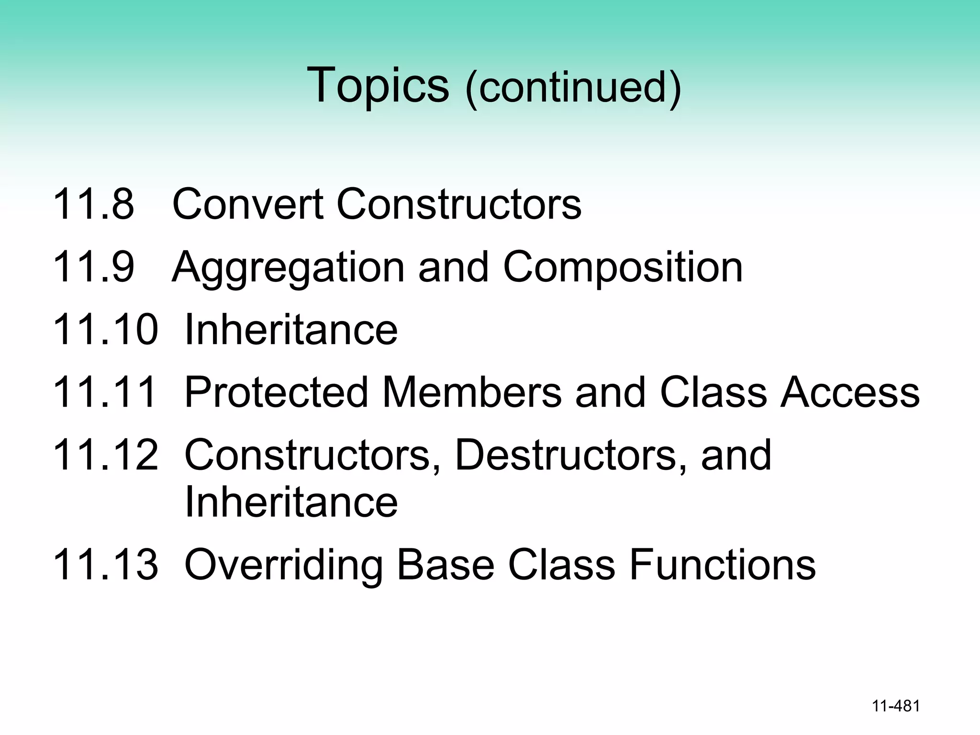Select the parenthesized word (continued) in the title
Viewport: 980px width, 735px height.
[x=573, y=88]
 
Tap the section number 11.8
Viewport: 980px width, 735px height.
[x=93, y=204]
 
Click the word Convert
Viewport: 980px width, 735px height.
[x=247, y=204]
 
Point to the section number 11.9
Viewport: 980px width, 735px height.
[x=93, y=267]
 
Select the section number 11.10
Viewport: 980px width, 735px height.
[x=105, y=329]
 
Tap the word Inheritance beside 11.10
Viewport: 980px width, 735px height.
[x=291, y=329]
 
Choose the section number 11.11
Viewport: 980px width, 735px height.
[x=105, y=392]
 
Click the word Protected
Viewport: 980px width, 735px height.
[x=277, y=392]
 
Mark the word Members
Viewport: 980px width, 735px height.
[x=472, y=392]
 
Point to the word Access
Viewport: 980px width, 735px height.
[x=850, y=392]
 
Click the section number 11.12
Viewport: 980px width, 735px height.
[x=105, y=455]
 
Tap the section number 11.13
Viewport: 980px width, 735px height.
[x=105, y=565]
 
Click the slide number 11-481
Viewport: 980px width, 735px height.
[x=896, y=706]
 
